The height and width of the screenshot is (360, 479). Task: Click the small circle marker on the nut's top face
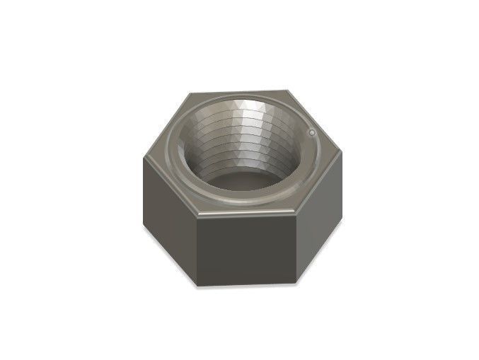[311, 131]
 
